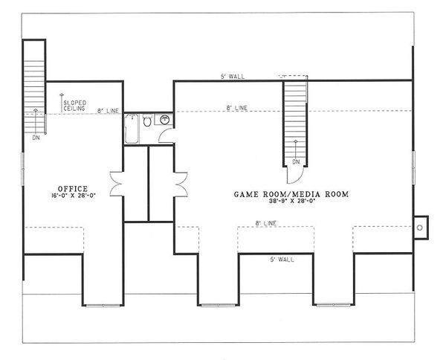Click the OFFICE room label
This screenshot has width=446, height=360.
coord(72,188)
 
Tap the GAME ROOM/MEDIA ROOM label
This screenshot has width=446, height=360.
coord(291,193)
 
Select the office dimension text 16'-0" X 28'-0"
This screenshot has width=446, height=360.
coord(72,196)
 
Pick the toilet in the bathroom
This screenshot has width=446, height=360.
coord(147,120)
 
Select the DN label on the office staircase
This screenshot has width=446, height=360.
coord(36,138)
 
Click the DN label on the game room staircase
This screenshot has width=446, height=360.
coord(296,161)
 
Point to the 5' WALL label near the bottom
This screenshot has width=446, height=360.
coord(280,260)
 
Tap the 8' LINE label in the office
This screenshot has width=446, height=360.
coord(109,112)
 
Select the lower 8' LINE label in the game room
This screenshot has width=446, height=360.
coord(267,222)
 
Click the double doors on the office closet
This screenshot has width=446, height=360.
coord(116,182)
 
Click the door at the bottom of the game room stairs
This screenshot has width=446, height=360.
coord(296,173)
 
